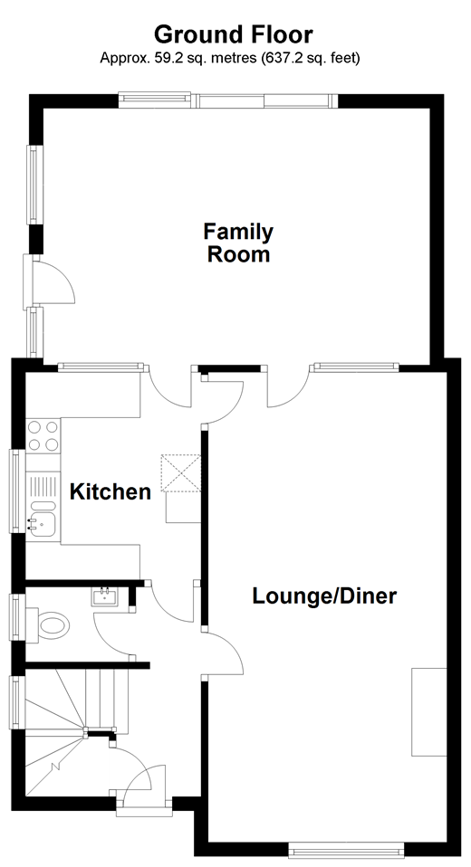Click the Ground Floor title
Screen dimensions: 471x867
[233, 34]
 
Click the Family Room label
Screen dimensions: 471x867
[238, 243]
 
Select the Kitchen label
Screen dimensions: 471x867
[111, 491]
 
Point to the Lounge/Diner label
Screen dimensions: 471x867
[324, 596]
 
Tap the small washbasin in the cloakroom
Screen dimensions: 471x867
[104, 597]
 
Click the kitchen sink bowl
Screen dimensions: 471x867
[43, 522]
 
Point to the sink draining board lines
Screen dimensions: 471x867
[43, 487]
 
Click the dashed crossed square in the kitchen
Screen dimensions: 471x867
[180, 472]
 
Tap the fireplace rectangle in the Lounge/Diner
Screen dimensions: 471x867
[429, 711]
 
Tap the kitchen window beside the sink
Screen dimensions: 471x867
[16, 491]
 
